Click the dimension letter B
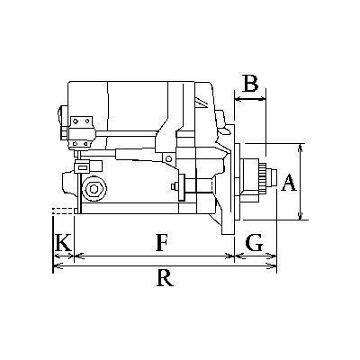pyautogui.click(x=250, y=84)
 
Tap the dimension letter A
pyautogui.click(x=289, y=182)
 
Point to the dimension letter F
pyautogui.click(x=161, y=242)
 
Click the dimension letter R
pyautogui.click(x=165, y=277)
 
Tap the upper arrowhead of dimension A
pyautogui.click(x=301, y=148)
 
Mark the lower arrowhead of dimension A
pyautogui.click(x=301, y=216)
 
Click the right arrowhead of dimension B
pyautogui.click(x=262, y=98)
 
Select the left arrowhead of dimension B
pyautogui.click(x=238, y=98)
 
